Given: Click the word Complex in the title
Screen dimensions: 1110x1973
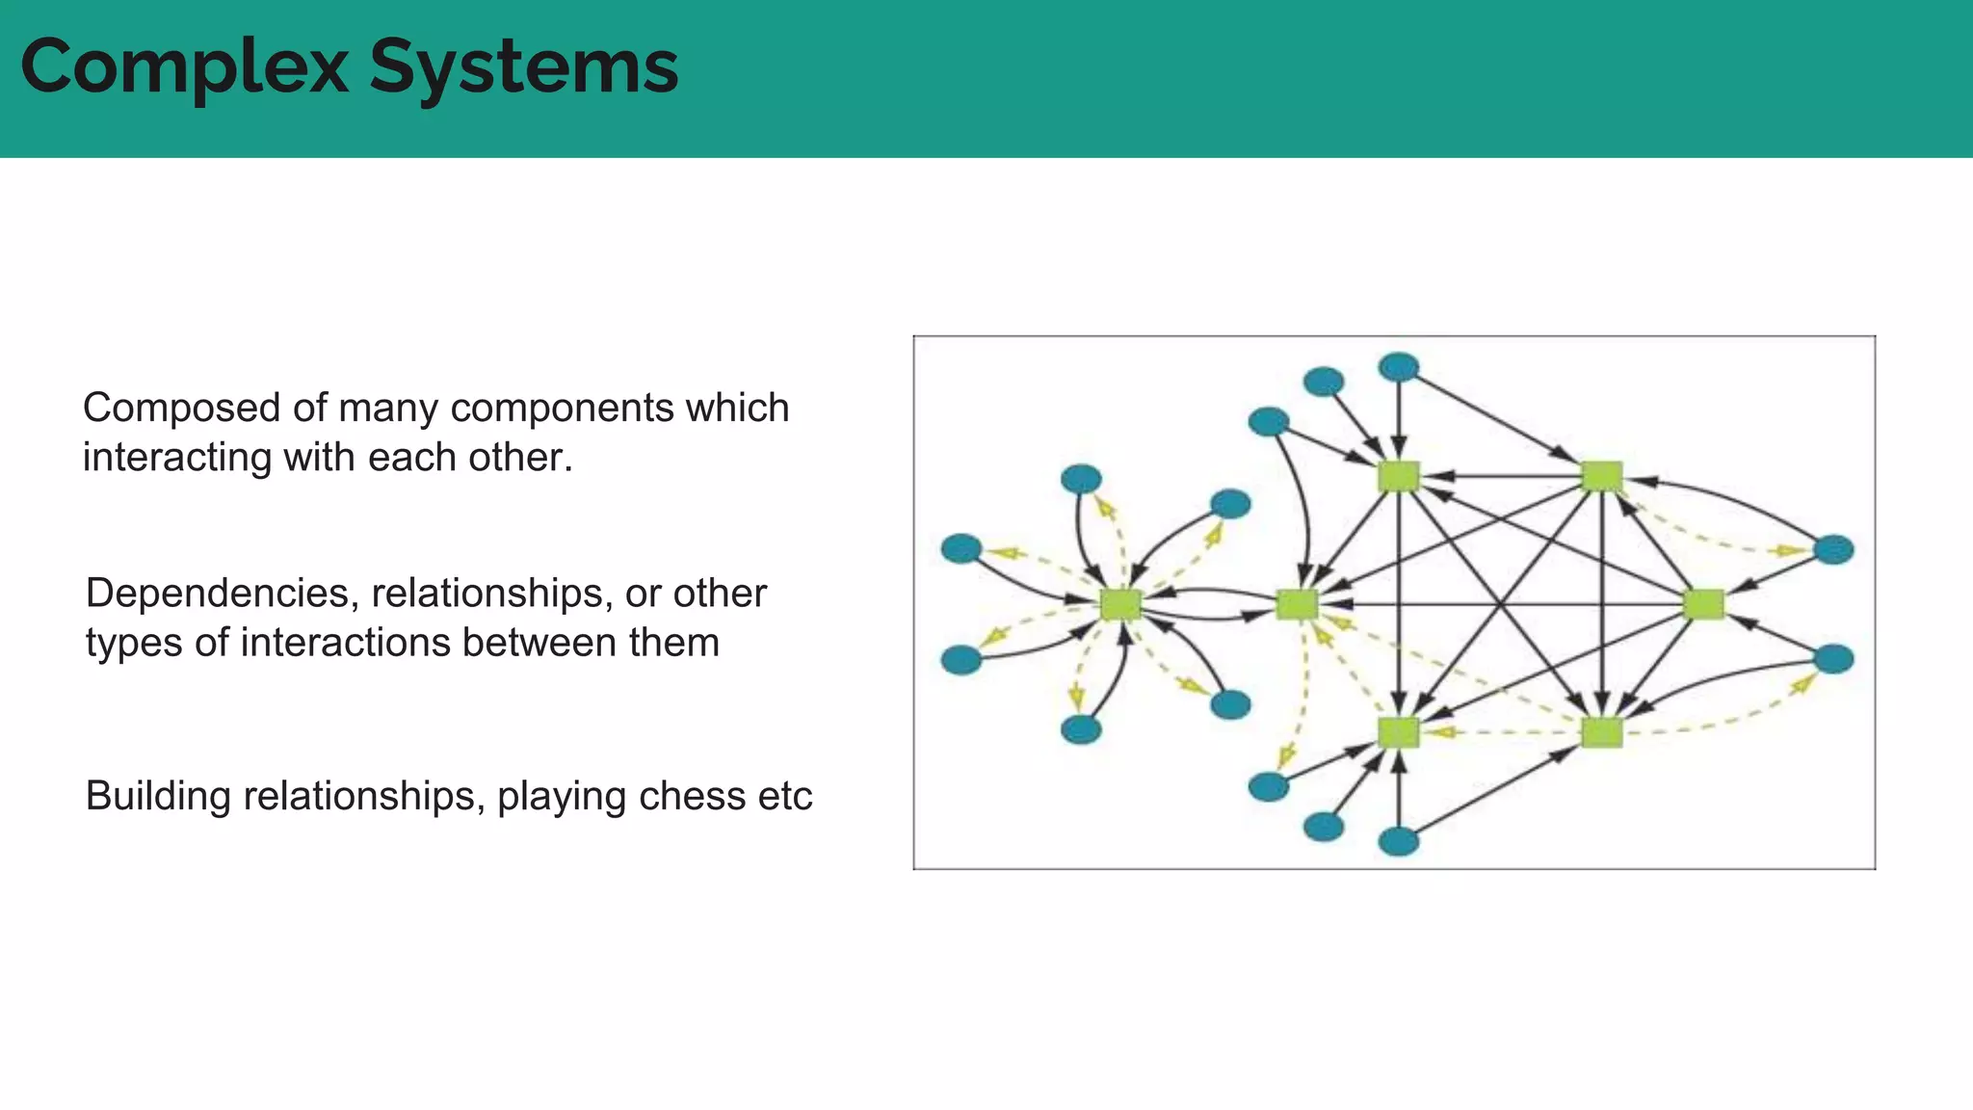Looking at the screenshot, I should click(184, 67).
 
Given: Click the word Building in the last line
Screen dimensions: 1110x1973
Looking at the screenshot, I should click(158, 797).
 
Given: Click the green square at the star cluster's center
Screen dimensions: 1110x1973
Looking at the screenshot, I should click(1120, 604).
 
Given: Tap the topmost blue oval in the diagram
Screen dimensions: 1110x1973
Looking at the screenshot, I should click(1399, 366).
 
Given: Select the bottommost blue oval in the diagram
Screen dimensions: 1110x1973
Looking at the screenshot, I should click(1399, 842).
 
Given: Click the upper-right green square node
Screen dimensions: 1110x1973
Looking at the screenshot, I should click(1602, 476).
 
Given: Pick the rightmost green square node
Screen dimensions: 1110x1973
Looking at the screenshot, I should click(1703, 604).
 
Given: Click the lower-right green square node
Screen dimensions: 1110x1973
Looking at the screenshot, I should click(1602, 732).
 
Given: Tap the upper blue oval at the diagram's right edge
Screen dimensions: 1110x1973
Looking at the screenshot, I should click(1833, 549).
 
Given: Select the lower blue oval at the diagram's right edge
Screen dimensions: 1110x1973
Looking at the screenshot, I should click(1833, 659).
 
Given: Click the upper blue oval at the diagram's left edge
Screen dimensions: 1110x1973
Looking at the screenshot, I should click(961, 548).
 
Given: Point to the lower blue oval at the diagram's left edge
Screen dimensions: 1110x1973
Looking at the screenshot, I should click(961, 660).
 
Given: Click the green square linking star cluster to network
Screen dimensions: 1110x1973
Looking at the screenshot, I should click(1297, 604).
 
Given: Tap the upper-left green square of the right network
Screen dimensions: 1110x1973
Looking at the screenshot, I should click(1399, 476).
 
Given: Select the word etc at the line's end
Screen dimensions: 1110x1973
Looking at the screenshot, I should click(785, 797).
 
